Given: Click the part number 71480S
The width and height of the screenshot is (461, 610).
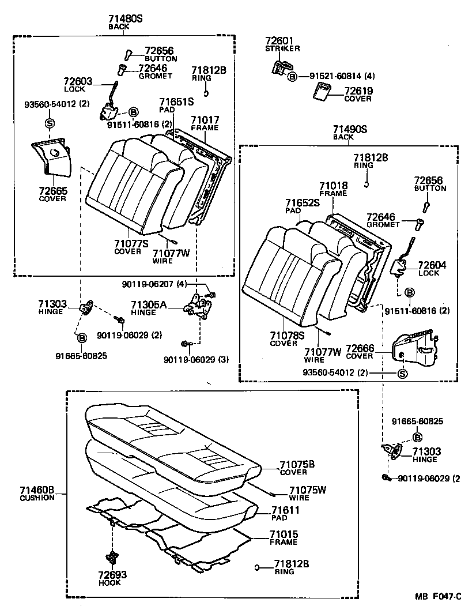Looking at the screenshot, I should (x=125, y=19).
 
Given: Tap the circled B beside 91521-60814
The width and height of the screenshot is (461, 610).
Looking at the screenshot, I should (x=292, y=76).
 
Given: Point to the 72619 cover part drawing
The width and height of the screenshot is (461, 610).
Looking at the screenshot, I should (x=320, y=92).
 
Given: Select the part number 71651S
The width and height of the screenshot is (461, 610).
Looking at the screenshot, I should (x=176, y=101).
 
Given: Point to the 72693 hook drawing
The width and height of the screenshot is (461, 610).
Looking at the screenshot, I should (x=111, y=558).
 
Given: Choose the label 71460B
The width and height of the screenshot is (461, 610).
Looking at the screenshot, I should (x=37, y=491).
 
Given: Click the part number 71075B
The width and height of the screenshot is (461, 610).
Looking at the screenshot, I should (x=297, y=465).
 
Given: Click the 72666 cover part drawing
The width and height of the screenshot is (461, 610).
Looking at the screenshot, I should (x=414, y=349).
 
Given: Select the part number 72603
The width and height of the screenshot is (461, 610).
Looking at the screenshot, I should (x=78, y=81).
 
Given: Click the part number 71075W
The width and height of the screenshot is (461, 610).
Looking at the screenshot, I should (x=308, y=490).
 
